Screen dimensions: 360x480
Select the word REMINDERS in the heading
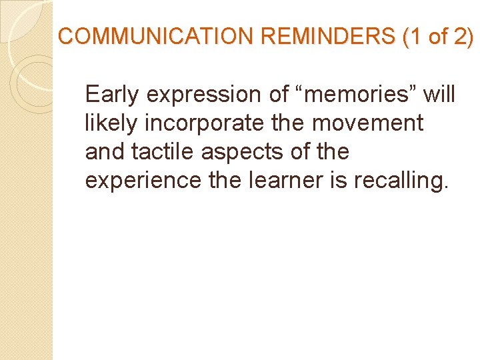click(327, 37)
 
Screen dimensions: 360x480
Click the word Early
click(113, 95)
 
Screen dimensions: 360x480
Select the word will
click(439, 95)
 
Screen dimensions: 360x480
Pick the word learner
click(279, 181)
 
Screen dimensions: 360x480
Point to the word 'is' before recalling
click(337, 181)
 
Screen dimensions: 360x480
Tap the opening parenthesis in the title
click(406, 37)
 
